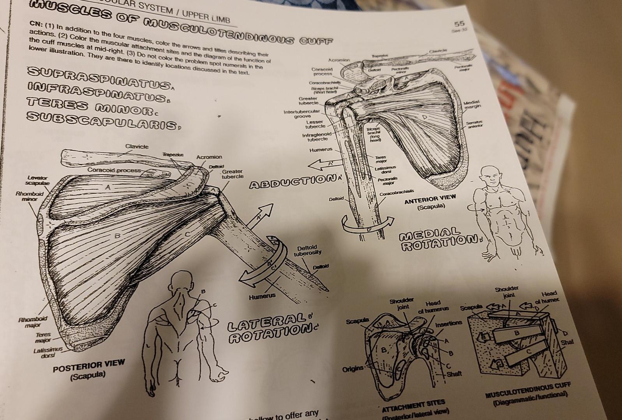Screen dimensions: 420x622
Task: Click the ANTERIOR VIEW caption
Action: click(430, 201)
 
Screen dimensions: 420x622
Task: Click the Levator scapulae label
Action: click(37, 180)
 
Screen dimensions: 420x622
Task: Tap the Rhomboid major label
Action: click(33, 321)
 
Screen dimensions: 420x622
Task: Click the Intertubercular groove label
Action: click(301, 114)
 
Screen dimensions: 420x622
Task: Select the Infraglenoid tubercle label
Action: click(316, 136)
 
